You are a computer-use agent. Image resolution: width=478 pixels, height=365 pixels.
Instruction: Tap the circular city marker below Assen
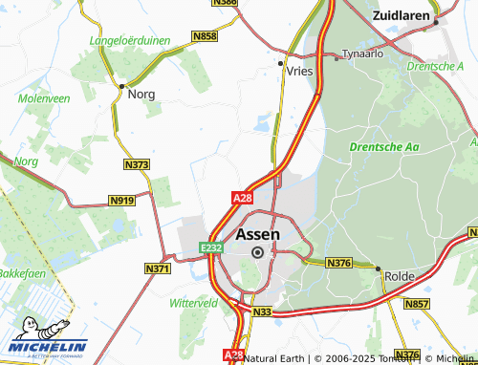click(257, 252)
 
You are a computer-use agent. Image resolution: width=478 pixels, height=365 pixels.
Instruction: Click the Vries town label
click(299, 71)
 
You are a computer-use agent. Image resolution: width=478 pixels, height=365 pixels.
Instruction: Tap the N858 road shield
click(205, 36)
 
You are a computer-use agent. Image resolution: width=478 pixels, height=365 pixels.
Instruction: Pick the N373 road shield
click(137, 165)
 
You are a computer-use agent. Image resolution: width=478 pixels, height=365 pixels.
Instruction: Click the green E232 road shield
click(211, 247)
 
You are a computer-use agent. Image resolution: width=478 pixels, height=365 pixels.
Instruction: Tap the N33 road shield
click(263, 311)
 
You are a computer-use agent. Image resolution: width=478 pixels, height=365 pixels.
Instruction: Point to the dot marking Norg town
click(121, 86)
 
